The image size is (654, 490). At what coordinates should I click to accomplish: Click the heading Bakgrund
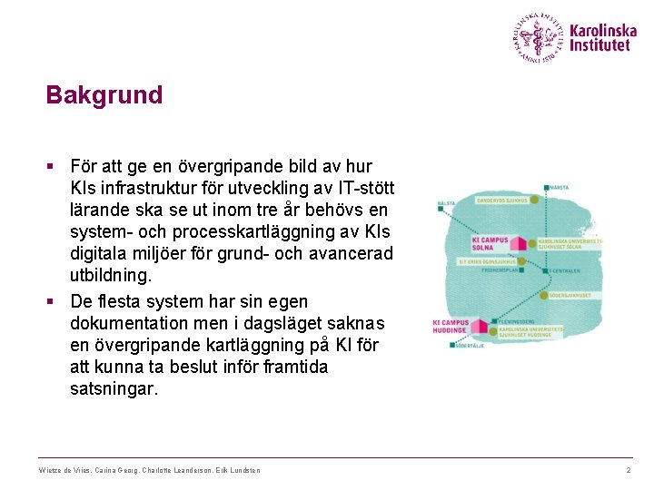pyautogui.click(x=104, y=95)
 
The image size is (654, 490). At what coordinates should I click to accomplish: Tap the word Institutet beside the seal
pyautogui.click(x=599, y=45)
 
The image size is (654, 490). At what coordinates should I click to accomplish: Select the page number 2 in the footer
pyautogui.click(x=628, y=470)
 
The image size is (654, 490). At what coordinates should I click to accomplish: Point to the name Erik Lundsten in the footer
pyautogui.click(x=241, y=470)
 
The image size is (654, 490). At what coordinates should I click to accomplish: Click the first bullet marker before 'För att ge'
pyautogui.click(x=51, y=167)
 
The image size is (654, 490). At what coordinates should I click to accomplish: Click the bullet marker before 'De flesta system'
pyautogui.click(x=51, y=301)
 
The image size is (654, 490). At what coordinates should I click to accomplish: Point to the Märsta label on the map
pyautogui.click(x=558, y=187)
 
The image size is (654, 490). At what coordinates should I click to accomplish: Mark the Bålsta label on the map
pyautogui.click(x=446, y=203)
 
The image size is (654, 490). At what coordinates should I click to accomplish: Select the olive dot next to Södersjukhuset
pyautogui.click(x=542, y=296)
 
